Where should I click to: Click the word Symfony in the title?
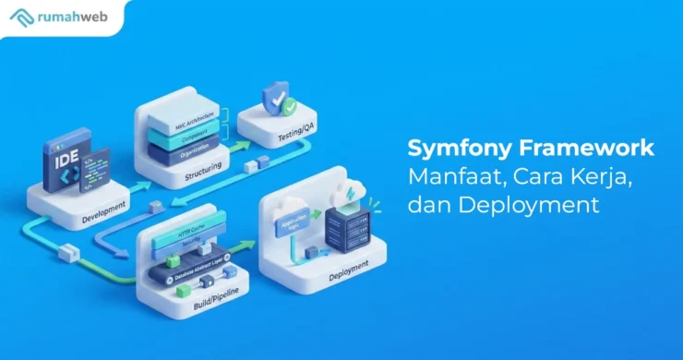pos(451,149)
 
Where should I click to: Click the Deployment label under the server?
pos(351,261)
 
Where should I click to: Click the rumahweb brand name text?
pos(71,17)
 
